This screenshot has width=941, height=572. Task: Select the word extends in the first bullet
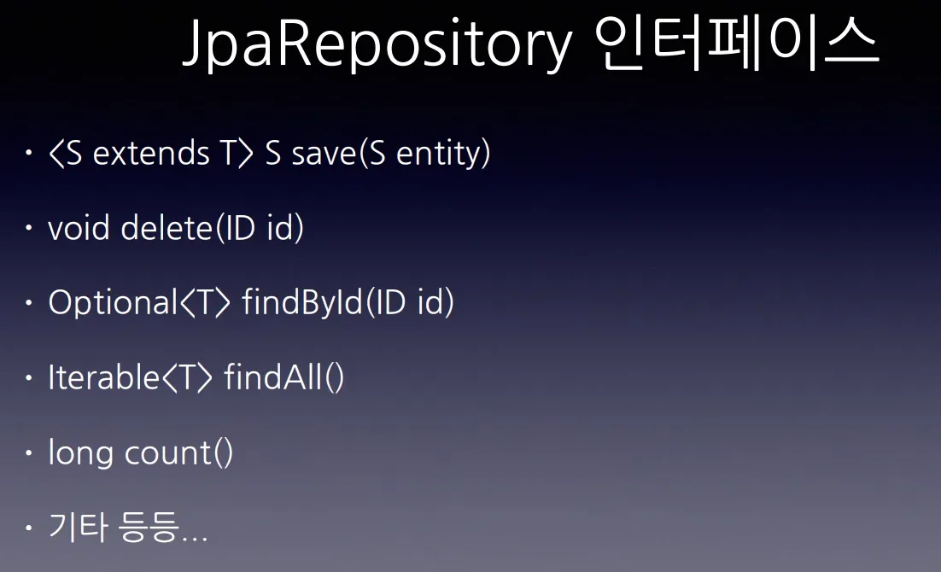tap(150, 155)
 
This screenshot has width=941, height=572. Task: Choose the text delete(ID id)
tap(213, 229)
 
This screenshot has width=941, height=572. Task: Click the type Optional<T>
tap(139, 303)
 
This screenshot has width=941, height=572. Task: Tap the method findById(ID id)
tap(348, 303)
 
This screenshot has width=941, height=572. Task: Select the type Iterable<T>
tap(130, 377)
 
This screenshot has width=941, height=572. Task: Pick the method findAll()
tap(284, 377)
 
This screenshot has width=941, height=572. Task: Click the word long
tap(81, 453)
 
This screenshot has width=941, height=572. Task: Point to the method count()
tap(178, 452)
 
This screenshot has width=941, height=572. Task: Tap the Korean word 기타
tap(78, 528)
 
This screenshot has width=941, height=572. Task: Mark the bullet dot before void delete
tap(29, 229)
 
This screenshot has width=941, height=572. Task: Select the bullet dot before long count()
tap(29, 452)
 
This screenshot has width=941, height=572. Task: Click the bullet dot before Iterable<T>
tap(29, 377)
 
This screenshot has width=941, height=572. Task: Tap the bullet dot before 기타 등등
tap(29, 528)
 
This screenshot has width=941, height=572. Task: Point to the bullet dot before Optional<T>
tap(29, 303)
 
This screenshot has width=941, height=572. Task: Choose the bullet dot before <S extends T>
tap(29, 155)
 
